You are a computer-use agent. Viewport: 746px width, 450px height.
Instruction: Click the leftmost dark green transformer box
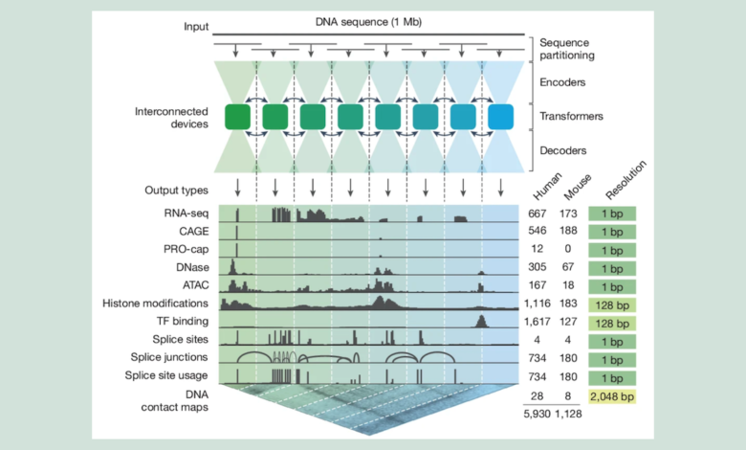pyautogui.click(x=237, y=117)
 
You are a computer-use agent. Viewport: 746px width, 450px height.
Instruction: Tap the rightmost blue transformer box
pyautogui.click(x=500, y=117)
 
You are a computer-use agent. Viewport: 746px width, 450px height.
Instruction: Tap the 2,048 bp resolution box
pyautogui.click(x=612, y=395)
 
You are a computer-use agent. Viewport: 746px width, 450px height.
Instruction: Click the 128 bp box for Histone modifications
pyautogui.click(x=612, y=304)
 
